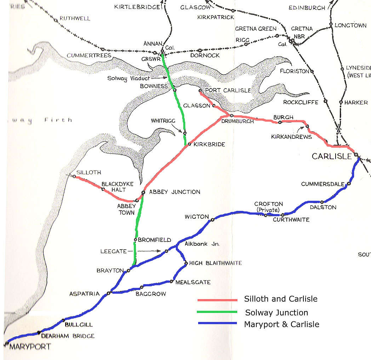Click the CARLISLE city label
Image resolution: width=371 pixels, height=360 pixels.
332,156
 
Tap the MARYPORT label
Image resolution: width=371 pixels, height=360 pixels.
30,347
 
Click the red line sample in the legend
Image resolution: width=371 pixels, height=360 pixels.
217,300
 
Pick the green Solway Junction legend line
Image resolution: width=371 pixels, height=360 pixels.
217,312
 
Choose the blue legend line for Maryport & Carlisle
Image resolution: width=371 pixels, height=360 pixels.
217,323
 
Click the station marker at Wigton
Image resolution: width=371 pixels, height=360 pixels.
212,220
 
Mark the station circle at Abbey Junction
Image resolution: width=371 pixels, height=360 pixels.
143,193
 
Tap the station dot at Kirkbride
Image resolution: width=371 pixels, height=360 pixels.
189,144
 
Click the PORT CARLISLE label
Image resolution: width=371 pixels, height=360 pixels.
228,91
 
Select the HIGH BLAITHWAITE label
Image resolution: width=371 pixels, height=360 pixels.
216,263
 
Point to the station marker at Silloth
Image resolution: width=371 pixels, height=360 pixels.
74,176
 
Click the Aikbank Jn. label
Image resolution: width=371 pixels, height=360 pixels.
202,244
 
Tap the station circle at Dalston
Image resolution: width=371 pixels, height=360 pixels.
322,202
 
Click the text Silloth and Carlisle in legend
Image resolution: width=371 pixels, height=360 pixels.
281,299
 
